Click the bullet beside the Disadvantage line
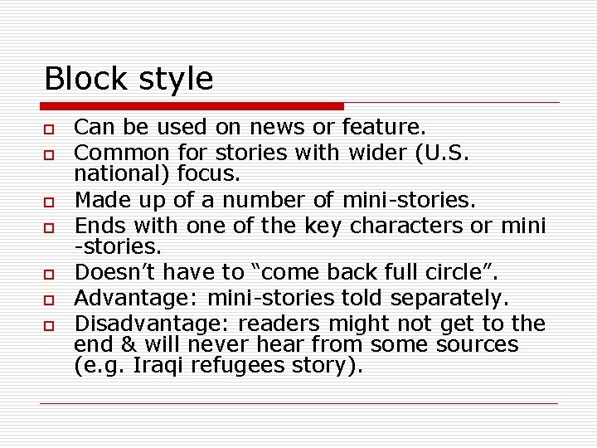(x=49, y=324)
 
